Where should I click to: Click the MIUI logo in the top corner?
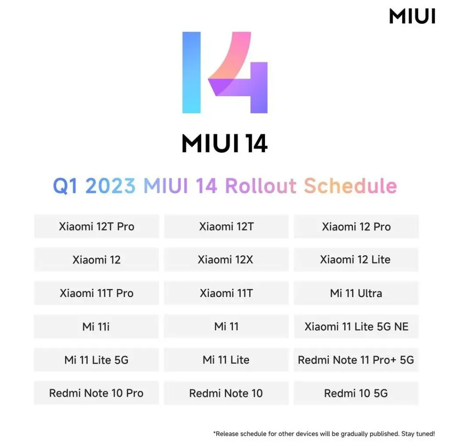pos(412,16)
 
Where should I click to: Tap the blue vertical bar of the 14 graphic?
pos(192,72)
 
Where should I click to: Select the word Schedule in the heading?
pos(350,185)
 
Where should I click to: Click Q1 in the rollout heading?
pos(65,186)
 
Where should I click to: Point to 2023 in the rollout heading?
pos(110,186)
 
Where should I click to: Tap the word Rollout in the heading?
pos(261,185)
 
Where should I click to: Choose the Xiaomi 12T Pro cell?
pos(96,226)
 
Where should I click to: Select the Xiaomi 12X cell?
pos(226,260)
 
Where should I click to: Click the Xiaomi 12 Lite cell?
pos(356,260)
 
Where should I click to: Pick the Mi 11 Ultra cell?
pos(356,293)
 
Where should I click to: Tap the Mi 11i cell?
pos(96,326)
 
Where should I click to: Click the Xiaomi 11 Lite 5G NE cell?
pos(356,326)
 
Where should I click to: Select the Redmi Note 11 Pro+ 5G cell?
pos(356,360)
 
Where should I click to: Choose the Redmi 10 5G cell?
pos(356,393)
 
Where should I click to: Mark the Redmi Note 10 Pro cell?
pos(96,393)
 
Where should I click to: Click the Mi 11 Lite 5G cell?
pos(96,360)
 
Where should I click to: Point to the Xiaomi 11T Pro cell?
pos(96,293)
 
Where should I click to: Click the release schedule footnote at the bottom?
pos(324,433)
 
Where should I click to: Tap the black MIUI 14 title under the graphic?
pos(225,143)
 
